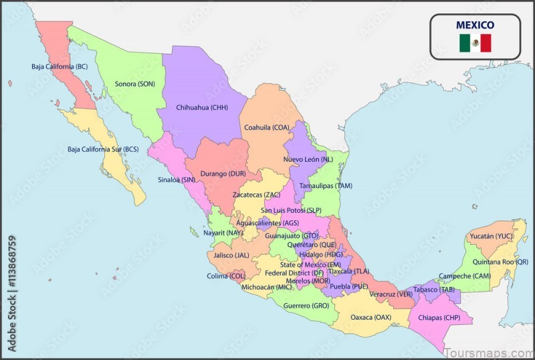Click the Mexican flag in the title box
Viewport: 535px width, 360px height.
point(475,43)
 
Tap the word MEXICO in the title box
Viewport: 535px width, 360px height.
point(475,25)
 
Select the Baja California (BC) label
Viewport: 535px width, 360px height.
point(60,66)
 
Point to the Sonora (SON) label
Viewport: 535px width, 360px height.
point(135,84)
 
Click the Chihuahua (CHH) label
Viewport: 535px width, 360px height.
point(202,107)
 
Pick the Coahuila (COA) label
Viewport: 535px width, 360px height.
point(266,127)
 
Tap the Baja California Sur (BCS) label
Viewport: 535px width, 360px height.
point(103,149)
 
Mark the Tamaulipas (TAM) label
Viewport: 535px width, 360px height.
point(326,185)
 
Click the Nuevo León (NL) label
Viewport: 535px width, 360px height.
point(308,159)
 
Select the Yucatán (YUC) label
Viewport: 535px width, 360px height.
point(491,236)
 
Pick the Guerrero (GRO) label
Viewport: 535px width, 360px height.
point(307,305)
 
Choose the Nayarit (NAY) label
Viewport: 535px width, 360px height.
point(223,233)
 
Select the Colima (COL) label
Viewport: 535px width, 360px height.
point(227,276)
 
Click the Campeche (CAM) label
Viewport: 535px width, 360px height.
point(464,276)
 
